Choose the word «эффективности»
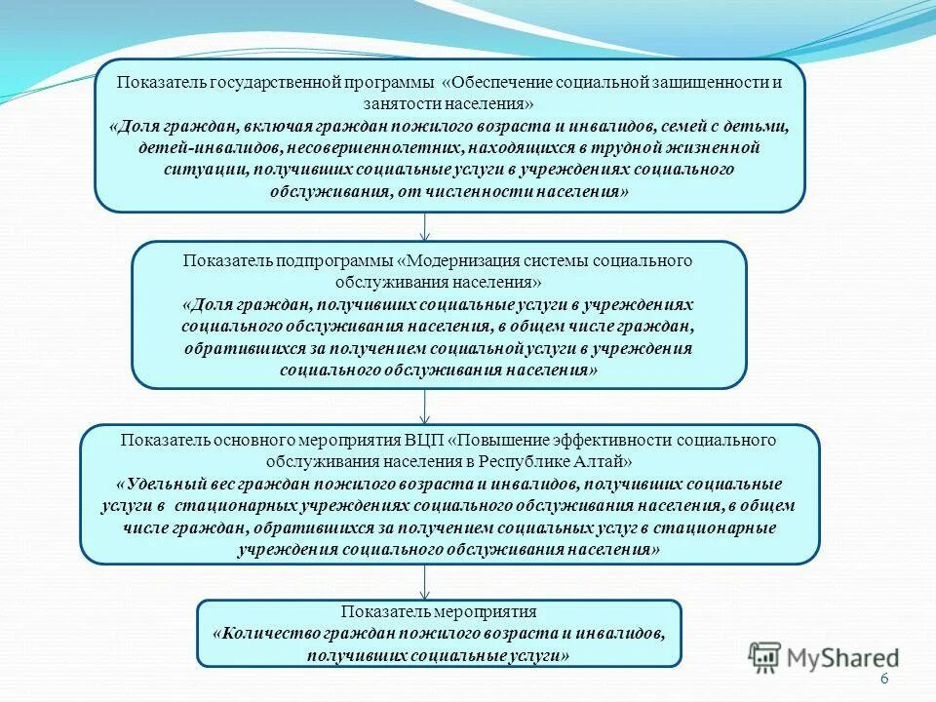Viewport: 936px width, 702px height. pyautogui.click(x=617, y=440)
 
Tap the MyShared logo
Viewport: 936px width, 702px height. pyautogui.click(x=825, y=656)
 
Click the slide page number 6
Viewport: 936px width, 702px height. pyautogui.click(x=884, y=681)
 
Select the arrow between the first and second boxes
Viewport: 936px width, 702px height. pyautogui.click(x=425, y=226)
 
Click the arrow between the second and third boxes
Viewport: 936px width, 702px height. pyautogui.click(x=425, y=407)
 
